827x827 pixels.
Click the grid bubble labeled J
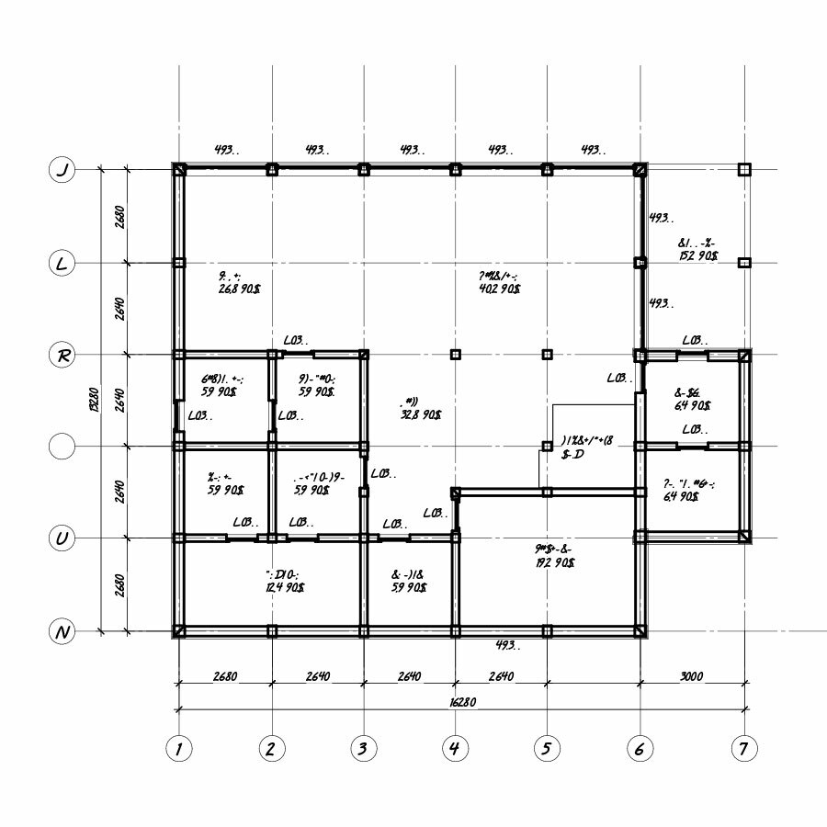[x=62, y=170]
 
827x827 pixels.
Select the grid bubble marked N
[x=62, y=631]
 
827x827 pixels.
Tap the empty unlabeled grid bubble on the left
[x=62, y=447]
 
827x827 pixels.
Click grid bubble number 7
[x=744, y=749]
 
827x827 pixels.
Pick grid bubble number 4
[x=454, y=749]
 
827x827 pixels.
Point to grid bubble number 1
[x=178, y=749]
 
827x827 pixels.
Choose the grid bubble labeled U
[x=62, y=538]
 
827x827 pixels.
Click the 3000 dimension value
[x=692, y=676]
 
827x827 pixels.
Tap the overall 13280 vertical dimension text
[x=95, y=401]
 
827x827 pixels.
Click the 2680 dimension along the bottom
[x=225, y=676]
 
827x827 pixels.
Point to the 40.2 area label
[x=500, y=289]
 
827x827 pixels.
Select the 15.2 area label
[x=698, y=255]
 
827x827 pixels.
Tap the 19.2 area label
[x=554, y=561]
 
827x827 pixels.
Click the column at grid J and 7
[x=744, y=170]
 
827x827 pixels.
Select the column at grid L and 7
[x=744, y=263]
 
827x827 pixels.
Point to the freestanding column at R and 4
[x=455, y=355]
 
